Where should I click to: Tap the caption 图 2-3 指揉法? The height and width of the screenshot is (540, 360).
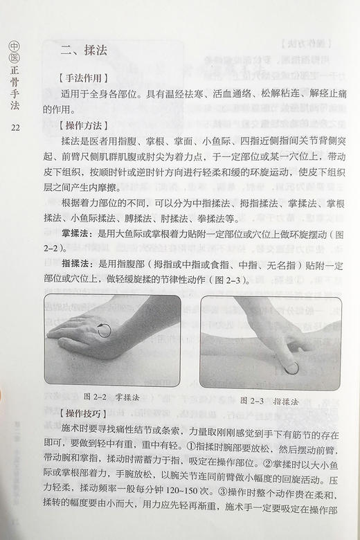(x=269, y=401)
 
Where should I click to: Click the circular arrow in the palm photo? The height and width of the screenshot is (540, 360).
(x=105, y=329)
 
